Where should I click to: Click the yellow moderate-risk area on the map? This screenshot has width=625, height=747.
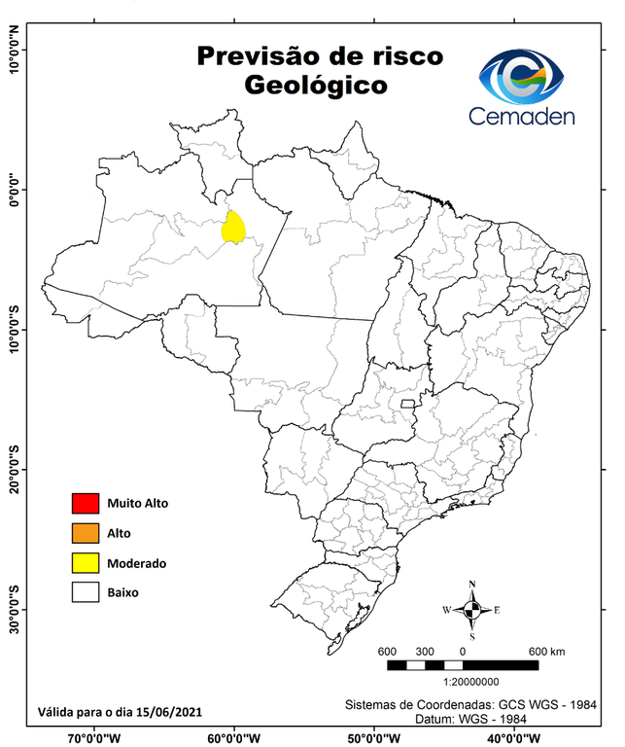(233, 228)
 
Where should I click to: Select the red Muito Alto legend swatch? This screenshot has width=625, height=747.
(86, 503)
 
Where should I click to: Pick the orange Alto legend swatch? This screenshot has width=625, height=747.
(86, 533)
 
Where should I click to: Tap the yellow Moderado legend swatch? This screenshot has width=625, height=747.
(86, 562)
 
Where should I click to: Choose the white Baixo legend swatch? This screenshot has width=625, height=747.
(86, 591)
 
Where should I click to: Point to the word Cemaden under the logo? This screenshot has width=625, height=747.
(522, 116)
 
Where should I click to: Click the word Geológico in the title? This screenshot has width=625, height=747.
(316, 86)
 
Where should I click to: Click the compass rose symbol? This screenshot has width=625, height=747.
(472, 610)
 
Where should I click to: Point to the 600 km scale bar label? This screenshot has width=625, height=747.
(546, 651)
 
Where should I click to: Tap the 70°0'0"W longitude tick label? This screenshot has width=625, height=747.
(94, 737)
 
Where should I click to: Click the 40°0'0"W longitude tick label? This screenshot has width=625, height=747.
(515, 737)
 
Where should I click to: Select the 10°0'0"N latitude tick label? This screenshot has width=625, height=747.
(14, 50)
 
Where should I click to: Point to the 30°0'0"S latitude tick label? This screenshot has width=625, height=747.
(14, 610)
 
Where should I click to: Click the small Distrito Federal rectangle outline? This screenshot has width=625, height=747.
(407, 402)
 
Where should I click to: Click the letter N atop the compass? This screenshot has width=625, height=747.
(472, 586)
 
